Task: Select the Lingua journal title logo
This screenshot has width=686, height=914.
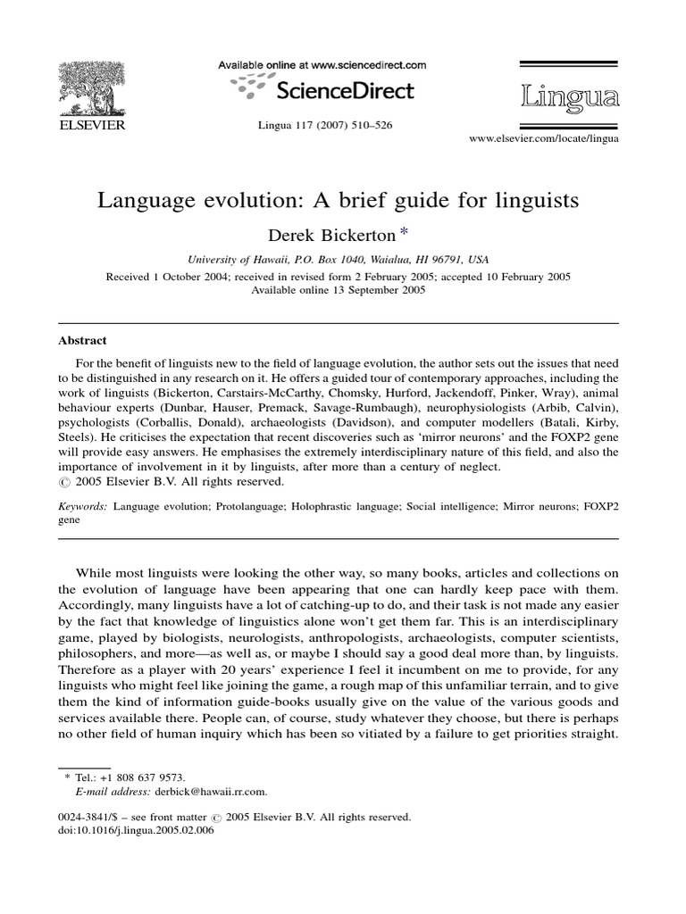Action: tap(568, 96)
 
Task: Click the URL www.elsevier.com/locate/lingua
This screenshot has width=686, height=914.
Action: tap(544, 139)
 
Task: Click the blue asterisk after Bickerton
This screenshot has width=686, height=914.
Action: tap(404, 232)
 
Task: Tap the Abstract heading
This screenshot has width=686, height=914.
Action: tap(82, 340)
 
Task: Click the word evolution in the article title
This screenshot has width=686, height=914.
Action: tap(247, 200)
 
